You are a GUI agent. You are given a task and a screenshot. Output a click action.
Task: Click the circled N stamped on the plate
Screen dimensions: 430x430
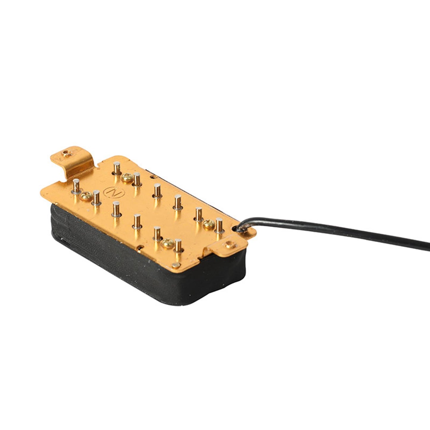coord(114,192)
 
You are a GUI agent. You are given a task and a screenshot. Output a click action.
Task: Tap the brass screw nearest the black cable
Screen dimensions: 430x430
coord(209,224)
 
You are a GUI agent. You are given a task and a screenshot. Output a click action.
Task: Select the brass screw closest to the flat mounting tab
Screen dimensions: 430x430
coord(168,243)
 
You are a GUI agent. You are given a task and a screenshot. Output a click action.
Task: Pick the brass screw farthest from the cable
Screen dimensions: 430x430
coord(86,196)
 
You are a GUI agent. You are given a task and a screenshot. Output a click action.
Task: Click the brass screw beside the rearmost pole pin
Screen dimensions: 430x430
coord(127,178)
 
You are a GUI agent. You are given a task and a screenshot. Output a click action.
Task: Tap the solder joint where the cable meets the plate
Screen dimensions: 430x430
coord(242,229)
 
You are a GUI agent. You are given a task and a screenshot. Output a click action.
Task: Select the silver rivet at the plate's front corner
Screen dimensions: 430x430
coord(176,265)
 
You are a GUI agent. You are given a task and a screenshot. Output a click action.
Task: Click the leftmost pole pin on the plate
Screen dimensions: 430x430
coord(76,186)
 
